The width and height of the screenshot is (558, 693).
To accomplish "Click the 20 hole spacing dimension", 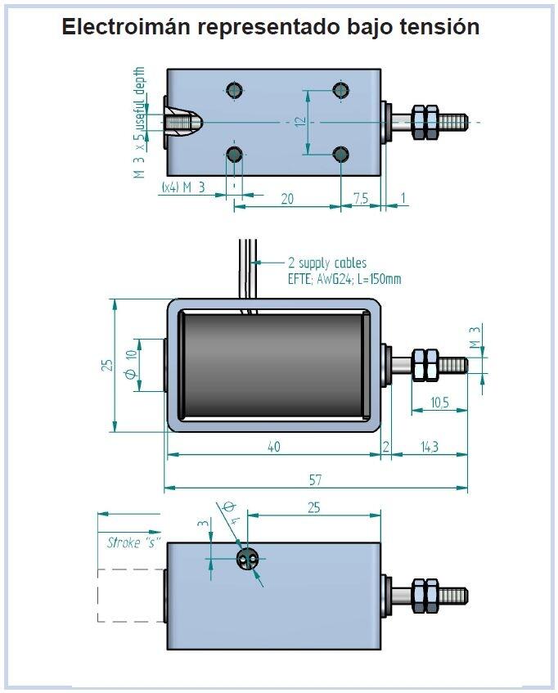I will tap(287, 199).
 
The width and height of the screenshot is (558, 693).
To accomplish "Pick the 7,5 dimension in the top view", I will tap(360, 199).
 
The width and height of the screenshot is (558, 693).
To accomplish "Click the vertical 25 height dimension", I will tap(106, 364).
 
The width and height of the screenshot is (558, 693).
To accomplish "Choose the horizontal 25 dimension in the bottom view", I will tap(313, 507).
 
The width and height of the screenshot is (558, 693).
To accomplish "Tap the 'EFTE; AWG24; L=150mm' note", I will tap(344, 279).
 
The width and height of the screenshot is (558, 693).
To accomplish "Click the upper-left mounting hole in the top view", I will tap(236, 89).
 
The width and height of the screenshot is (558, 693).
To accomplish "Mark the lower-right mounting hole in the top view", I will tap(341, 153).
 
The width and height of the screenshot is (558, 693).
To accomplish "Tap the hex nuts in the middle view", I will tap(425, 364).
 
